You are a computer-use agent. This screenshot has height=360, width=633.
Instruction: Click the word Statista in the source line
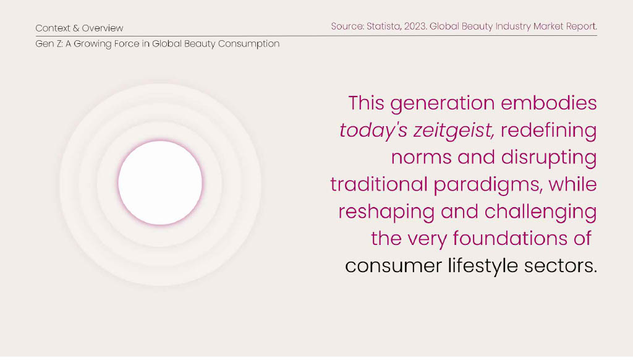pos(383,26)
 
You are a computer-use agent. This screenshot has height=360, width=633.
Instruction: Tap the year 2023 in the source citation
pos(415,26)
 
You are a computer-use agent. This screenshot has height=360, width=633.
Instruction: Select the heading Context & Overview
pos(79,28)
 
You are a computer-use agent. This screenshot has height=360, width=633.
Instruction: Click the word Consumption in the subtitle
pos(249,44)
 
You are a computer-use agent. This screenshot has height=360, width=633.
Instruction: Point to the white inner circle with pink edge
pos(160,182)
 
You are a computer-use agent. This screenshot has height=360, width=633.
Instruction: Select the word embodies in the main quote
pos(549,103)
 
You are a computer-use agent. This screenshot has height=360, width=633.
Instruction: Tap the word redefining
pos(549,130)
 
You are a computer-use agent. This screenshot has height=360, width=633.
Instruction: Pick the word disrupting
pos(549,158)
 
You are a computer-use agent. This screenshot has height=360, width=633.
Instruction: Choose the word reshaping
pos(386,212)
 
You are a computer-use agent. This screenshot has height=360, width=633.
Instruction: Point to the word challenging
pos(540,212)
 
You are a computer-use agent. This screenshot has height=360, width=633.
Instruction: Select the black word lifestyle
pos(483,266)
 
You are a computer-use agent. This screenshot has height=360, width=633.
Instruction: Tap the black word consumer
pos(394,266)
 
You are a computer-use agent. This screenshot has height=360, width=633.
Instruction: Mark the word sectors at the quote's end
pos(560,266)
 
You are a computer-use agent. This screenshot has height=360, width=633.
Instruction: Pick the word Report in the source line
pos(581,27)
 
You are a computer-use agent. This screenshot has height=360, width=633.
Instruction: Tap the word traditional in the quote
pos(379,184)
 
